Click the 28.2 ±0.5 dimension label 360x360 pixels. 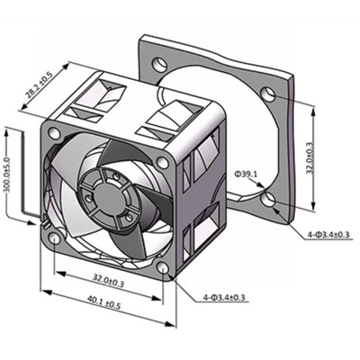click(40, 84)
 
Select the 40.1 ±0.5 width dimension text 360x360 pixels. click(103, 301)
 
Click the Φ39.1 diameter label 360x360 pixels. click(247, 174)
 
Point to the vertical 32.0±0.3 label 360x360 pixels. click(310, 157)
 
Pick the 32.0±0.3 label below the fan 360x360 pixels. click(108, 280)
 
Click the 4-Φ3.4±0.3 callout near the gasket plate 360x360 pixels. click(329, 235)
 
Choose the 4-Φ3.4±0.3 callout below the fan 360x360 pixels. click(224, 297)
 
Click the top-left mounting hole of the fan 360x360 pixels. click(54, 133)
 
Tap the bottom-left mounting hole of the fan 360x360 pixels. click(55, 238)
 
